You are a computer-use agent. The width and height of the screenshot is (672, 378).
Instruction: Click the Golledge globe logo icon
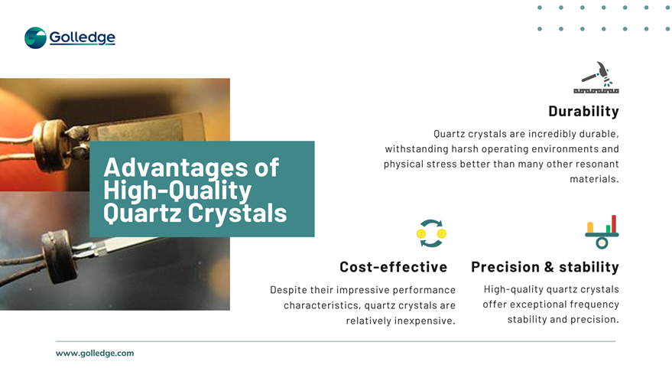[36, 37]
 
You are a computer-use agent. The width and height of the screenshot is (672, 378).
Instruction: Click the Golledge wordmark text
[83, 37]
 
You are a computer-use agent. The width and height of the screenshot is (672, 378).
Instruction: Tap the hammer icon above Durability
[596, 77]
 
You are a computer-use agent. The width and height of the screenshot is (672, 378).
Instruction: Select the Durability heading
[584, 111]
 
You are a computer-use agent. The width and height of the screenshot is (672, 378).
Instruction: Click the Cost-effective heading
[394, 267]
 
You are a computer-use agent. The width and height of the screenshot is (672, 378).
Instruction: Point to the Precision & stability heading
[545, 267]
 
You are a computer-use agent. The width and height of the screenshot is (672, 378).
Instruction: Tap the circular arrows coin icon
[431, 233]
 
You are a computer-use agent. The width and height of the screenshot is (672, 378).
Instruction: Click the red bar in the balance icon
[614, 223]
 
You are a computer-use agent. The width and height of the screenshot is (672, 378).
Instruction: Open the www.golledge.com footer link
[95, 353]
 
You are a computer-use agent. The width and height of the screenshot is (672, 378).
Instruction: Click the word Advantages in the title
[177, 168]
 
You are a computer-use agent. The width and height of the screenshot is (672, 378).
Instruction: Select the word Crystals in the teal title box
[238, 213]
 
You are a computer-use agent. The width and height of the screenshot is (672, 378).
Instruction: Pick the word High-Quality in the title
[177, 191]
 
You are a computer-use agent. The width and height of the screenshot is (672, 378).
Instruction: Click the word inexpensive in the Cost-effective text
[424, 321]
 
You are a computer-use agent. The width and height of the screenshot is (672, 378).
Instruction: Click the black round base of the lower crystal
[57, 256]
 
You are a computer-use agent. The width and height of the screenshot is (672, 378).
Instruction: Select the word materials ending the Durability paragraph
[593, 179]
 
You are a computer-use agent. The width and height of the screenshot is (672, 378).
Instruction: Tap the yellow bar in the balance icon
[590, 227]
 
